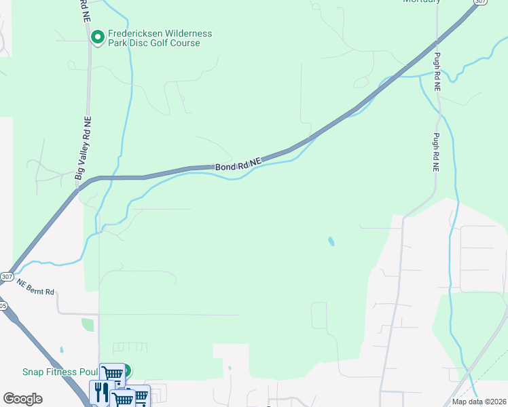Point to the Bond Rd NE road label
pyautogui.click(x=238, y=165)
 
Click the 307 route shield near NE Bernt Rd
pyautogui.click(x=7, y=277)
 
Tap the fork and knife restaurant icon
pyautogui.click(x=101, y=391)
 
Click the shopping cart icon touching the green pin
pyautogui.click(x=112, y=374)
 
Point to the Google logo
pyautogui.click(x=22, y=399)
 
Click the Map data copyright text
pyautogui.click(x=479, y=402)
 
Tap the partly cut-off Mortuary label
pyautogui.click(x=421, y=1)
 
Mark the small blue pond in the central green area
pyautogui.click(x=331, y=241)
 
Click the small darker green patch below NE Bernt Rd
pyautogui.click(x=88, y=324)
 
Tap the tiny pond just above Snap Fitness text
pyautogui.click(x=61, y=351)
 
